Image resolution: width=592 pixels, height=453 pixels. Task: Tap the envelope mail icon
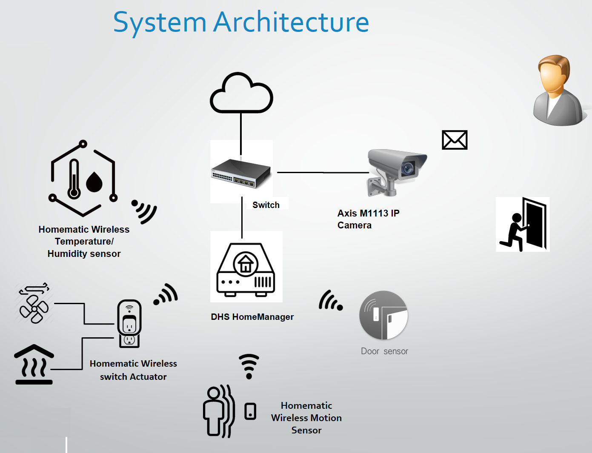click(x=455, y=140)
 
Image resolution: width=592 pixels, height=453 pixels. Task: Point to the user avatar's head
click(x=554, y=74)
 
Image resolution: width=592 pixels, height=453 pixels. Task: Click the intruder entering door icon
click(x=523, y=224)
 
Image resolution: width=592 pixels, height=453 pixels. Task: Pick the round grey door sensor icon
click(x=383, y=315)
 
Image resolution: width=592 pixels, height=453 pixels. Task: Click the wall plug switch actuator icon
click(x=129, y=323)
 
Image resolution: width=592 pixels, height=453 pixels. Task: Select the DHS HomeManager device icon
click(x=246, y=270)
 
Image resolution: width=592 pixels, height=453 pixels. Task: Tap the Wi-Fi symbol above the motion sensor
click(x=249, y=366)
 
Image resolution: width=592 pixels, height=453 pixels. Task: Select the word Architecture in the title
click(x=291, y=23)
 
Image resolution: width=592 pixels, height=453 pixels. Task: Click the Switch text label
click(x=266, y=205)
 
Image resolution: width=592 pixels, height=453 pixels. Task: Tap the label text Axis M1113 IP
click(x=368, y=213)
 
